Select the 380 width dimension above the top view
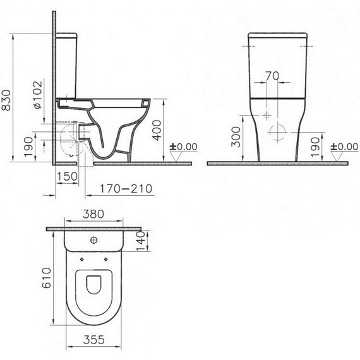[93, 213]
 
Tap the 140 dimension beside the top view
[141, 237]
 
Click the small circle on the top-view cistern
[93, 239]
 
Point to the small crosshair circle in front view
[268, 116]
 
